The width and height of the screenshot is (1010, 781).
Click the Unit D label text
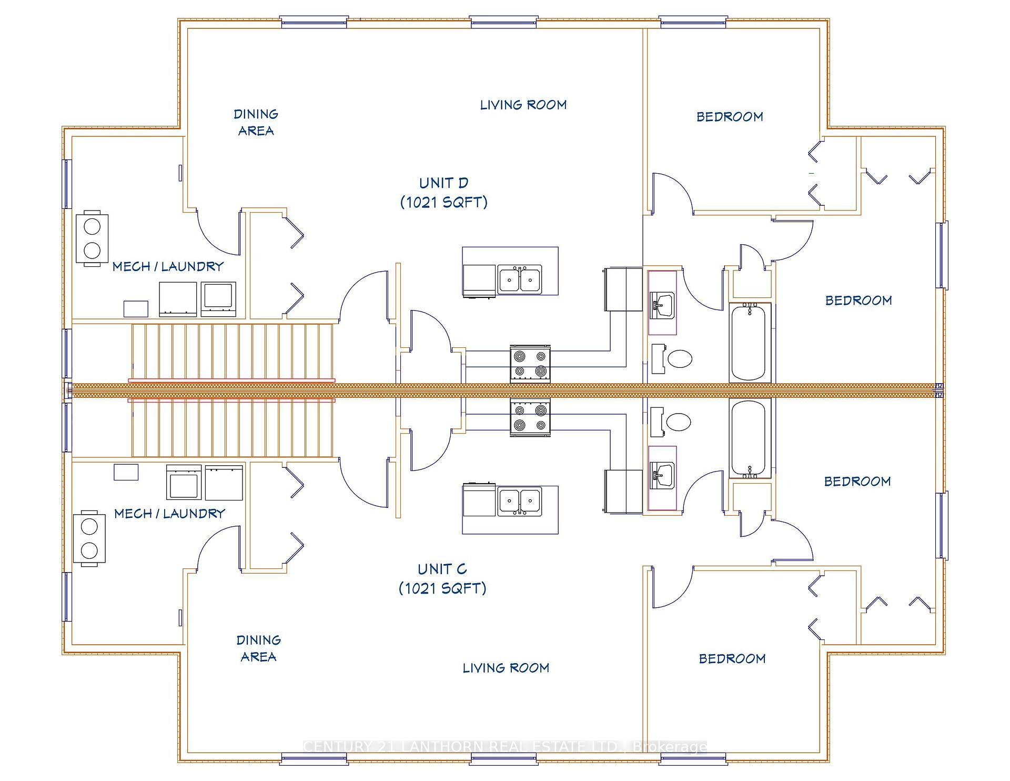pyautogui.click(x=443, y=193)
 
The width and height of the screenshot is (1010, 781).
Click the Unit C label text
pyautogui.click(x=442, y=578)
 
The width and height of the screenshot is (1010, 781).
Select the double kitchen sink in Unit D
pyautogui.click(x=519, y=279)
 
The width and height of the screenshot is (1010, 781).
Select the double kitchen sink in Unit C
pyautogui.click(x=519, y=502)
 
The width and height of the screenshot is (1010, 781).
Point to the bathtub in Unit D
pyautogui.click(x=749, y=342)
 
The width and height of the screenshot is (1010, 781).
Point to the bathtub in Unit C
pyautogui.click(x=749, y=438)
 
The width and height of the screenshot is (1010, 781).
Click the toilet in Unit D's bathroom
pyautogui.click(x=679, y=359)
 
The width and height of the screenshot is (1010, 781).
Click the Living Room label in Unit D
pyautogui.click(x=523, y=105)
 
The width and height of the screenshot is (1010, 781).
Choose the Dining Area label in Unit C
pyautogui.click(x=258, y=648)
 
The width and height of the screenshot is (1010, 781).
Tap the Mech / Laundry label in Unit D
pyautogui.click(x=168, y=267)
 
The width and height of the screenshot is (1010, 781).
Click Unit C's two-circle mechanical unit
pyautogui.click(x=89, y=538)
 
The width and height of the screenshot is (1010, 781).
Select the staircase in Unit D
pyautogui.click(x=233, y=351)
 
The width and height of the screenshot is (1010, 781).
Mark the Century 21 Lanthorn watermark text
pyautogui.click(x=505, y=747)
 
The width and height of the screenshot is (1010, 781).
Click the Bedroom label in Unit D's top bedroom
pyautogui.click(x=729, y=117)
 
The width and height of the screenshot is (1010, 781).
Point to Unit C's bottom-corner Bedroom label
pyautogui.click(x=732, y=658)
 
